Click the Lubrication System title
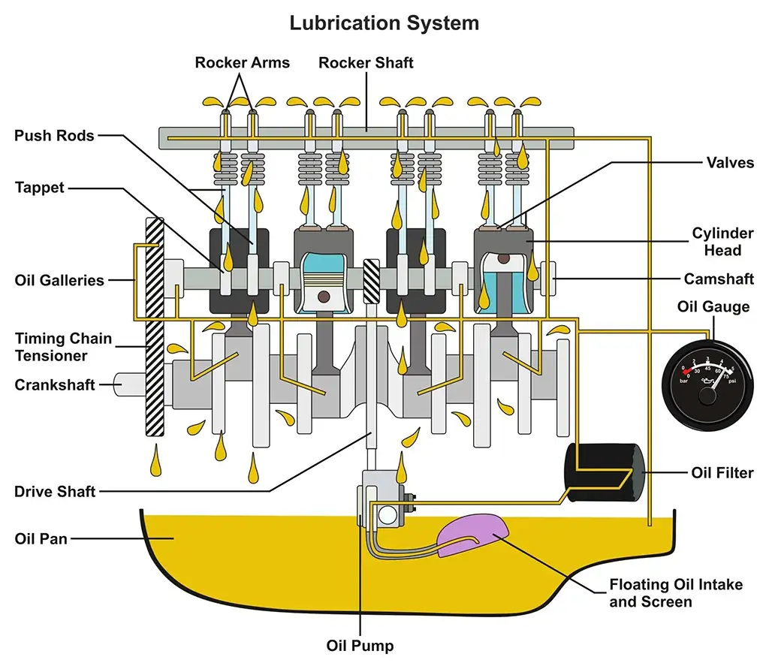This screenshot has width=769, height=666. [384, 23]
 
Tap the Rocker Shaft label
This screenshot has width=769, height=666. [366, 62]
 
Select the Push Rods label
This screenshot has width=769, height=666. [54, 136]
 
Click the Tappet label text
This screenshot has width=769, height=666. [40, 187]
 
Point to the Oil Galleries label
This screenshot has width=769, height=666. [59, 281]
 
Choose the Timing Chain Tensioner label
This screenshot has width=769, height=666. [63, 347]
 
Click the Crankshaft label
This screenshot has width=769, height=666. [55, 385]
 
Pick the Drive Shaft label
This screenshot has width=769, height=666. [55, 492]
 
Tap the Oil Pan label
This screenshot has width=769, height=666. [41, 538]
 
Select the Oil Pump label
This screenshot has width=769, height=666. [360, 645]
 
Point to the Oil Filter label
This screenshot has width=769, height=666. [722, 473]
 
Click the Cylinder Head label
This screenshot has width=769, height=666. [722, 242]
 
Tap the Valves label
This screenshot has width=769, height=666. [730, 162]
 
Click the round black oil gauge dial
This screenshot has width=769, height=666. [705, 379]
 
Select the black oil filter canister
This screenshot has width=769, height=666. [605, 472]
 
